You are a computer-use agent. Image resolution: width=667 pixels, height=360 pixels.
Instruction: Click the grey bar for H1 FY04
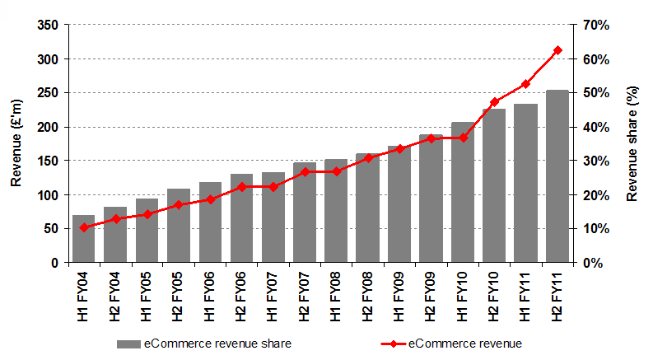point(83,239)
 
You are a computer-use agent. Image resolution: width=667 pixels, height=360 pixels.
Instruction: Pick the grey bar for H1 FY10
point(462,193)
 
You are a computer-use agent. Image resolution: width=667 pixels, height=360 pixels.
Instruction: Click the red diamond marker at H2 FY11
point(557,50)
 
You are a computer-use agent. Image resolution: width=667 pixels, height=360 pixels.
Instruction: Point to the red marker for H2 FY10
point(494,102)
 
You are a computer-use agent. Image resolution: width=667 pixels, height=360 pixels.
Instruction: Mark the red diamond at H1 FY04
point(83,227)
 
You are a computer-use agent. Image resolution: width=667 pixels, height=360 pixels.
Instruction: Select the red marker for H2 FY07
point(304,172)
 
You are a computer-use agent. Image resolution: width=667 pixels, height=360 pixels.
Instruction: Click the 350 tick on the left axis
point(48,26)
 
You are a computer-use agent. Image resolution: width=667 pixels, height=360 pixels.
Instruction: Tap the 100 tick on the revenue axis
point(48,195)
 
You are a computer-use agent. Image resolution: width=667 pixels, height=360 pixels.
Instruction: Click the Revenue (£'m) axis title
point(16,145)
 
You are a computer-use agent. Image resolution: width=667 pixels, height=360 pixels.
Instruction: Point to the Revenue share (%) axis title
point(632,144)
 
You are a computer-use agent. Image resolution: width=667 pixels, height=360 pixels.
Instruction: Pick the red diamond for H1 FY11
point(525,84)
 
